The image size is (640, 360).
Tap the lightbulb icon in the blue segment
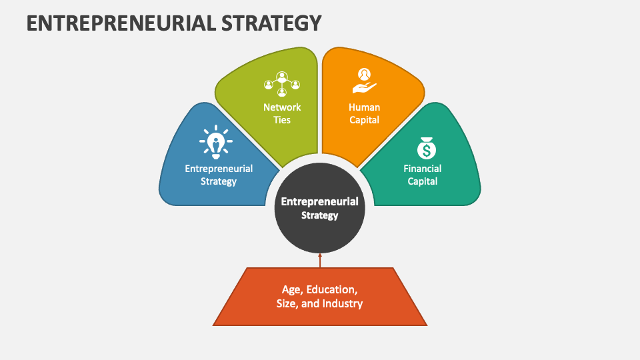(215, 142)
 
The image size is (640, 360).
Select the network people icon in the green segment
(281, 83)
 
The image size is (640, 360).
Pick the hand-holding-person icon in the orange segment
(364, 81)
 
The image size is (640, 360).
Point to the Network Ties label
(282, 113)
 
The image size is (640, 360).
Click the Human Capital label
(364, 113)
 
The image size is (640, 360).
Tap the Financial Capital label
(422, 175)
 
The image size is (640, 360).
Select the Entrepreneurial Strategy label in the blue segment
(219, 175)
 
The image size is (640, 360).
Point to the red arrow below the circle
(320, 260)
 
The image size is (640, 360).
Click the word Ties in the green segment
(282, 120)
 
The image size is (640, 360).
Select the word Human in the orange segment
(364, 107)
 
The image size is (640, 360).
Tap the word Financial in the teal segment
(422, 169)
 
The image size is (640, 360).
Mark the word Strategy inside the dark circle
(320, 215)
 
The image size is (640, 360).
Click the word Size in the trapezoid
(288, 304)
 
